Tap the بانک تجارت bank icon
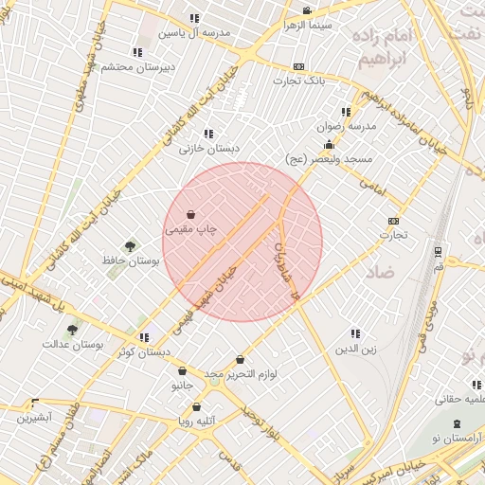tap(299, 66)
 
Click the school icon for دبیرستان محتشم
tap(137, 52)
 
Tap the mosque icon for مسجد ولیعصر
tap(329, 145)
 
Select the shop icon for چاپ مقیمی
tap(192, 214)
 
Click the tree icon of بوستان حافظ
tap(130, 246)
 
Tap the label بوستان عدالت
tap(72, 345)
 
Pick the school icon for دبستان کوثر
tap(144, 337)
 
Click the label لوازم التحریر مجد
tap(241, 375)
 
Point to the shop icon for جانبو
tap(182, 371)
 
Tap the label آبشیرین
tap(32, 417)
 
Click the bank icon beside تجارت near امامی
tap(393, 221)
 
